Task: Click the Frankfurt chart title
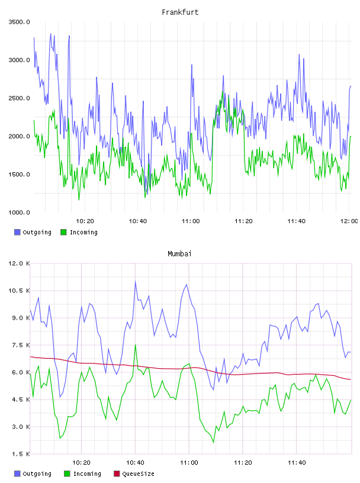point(180,12)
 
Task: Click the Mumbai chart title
point(179,254)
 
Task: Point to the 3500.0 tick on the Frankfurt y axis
point(19,22)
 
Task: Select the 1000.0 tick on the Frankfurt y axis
point(19,212)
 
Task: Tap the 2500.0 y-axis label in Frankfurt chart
point(19,98)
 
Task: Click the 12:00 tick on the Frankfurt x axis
point(349,221)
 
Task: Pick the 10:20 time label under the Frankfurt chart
point(85,221)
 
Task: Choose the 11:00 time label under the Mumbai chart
point(189,463)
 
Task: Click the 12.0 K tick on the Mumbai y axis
point(19,263)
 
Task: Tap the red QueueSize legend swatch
point(117,474)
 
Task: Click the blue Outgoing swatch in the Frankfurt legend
point(17,232)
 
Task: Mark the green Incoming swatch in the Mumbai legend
point(67,474)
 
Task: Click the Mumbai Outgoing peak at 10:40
point(136,281)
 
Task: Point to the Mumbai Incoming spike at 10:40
point(136,345)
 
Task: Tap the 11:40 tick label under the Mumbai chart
point(297,463)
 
